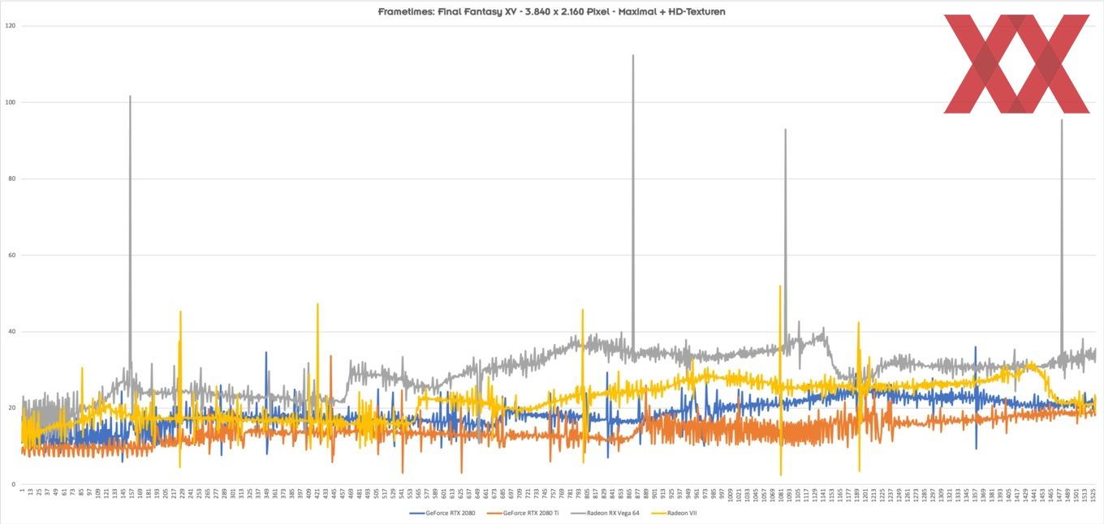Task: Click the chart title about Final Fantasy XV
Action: pyautogui.click(x=551, y=11)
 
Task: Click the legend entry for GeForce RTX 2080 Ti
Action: pyautogui.click(x=530, y=513)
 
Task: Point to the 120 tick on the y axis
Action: pyautogui.click(x=11, y=26)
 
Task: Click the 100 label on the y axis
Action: pyautogui.click(x=11, y=102)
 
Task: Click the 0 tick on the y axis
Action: pyautogui.click(x=13, y=484)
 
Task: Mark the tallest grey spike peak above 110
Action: pyautogui.click(x=632, y=56)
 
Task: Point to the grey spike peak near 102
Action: pyautogui.click(x=130, y=97)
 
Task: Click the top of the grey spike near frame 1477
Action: pyautogui.click(x=1061, y=121)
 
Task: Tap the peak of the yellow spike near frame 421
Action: pyautogui.click(x=317, y=304)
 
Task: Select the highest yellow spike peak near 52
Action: pyautogui.click(x=780, y=286)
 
